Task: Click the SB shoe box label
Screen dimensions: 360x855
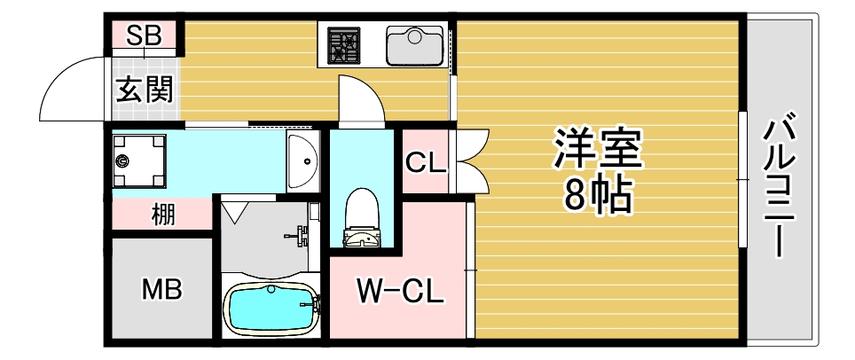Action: [144, 36]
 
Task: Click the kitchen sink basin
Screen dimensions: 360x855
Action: [414, 44]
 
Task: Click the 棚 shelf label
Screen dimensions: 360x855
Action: [161, 215]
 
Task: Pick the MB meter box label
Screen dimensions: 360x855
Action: [162, 289]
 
